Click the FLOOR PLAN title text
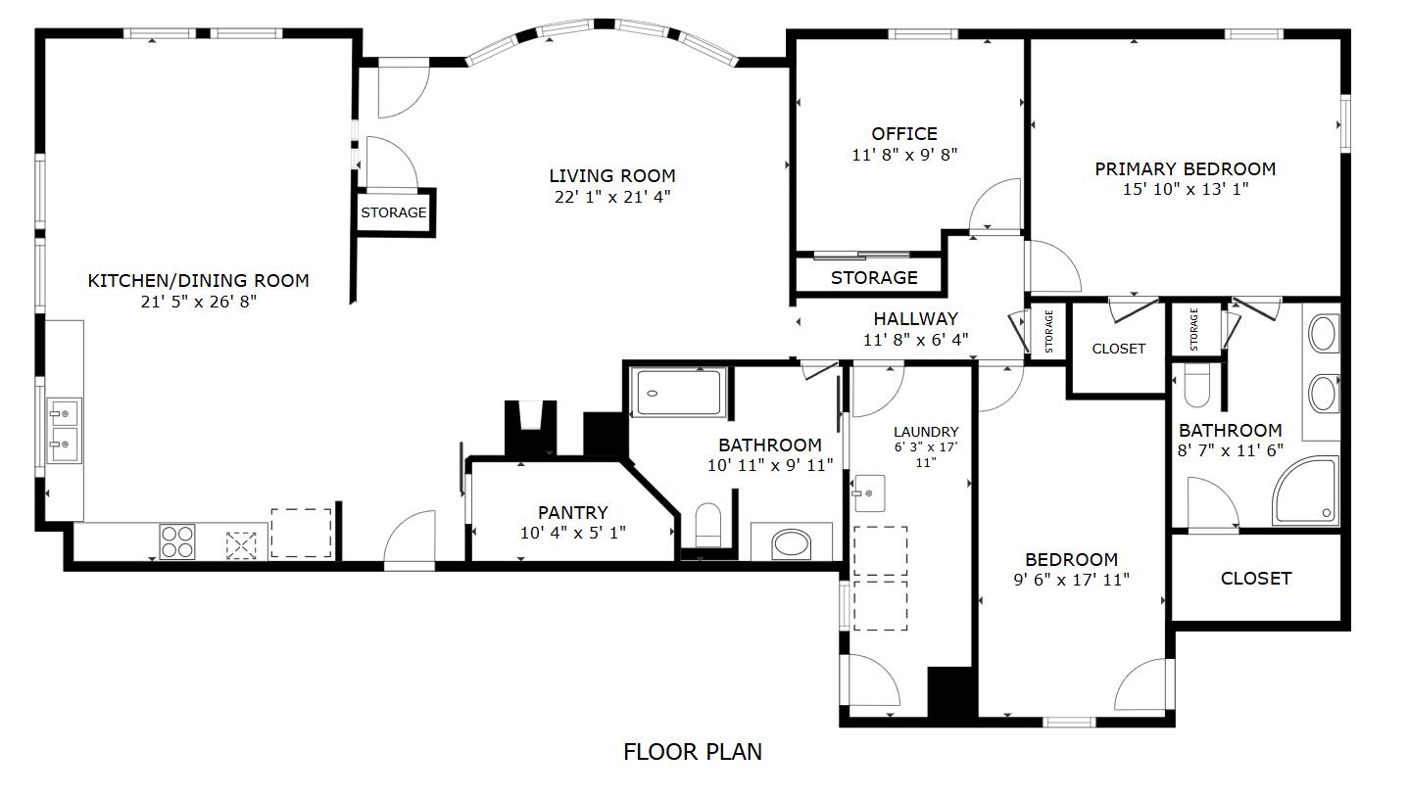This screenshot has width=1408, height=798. [692, 752]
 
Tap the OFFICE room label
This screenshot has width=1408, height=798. [903, 134]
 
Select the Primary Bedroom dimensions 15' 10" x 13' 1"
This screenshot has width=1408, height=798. [1185, 189]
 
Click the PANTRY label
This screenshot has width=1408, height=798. [572, 512]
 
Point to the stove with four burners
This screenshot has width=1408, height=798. [177, 541]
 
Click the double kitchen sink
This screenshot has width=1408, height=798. [64, 431]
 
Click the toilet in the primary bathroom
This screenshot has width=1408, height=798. [1196, 387]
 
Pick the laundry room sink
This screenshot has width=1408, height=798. [868, 493]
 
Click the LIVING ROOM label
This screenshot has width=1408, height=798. [611, 176]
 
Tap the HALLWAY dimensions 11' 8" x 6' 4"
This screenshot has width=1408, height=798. [915, 340]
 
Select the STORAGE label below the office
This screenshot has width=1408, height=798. [874, 278]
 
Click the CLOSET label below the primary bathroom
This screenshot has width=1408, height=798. [1255, 579]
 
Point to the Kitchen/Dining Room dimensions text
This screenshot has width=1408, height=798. [198, 302]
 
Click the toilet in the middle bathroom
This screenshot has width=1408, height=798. [707, 527]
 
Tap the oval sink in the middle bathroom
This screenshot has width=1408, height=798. [792, 543]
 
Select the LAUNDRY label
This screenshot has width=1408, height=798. [926, 432]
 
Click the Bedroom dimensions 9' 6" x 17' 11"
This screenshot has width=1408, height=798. [1070, 580]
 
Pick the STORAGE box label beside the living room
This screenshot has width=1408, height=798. [393, 212]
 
